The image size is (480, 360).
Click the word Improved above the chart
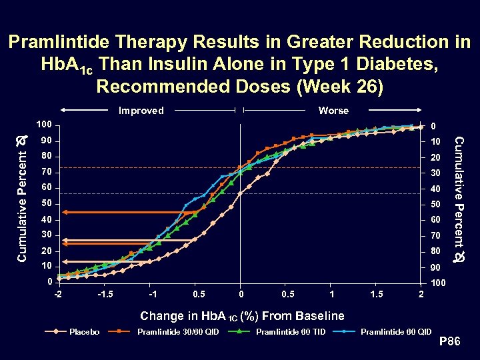[141, 111]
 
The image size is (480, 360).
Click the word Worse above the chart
[333, 111]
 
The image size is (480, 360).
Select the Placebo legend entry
[85, 331]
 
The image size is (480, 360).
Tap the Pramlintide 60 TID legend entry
[291, 331]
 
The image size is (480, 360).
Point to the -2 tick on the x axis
[59, 295]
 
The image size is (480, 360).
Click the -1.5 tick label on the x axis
[105, 295]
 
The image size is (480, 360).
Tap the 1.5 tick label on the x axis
[377, 295]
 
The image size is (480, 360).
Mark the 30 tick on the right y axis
[435, 173]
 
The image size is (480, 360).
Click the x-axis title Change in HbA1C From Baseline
[241, 316]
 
